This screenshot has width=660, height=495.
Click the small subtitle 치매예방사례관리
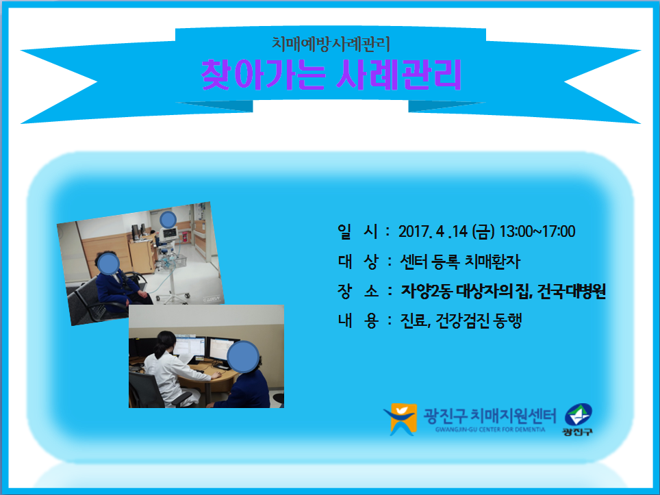coord(331,44)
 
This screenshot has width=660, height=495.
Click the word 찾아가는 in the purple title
coord(264,75)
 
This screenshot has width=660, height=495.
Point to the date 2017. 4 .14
coord(433,231)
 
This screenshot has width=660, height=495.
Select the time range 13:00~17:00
coord(537,231)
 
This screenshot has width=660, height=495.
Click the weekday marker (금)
coord(483,231)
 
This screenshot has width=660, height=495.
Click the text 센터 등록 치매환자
coord(459,262)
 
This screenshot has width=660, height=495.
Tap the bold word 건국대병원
coord(572,291)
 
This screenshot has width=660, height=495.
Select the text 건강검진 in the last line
coord(462,320)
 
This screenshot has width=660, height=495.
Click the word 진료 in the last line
coord(414,320)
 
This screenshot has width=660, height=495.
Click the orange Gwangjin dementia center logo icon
coord(401,419)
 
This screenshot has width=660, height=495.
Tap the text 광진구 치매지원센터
coord(490,416)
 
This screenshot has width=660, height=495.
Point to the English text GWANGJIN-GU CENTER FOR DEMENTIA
coord(490,430)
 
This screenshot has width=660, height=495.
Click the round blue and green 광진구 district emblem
coord(578,415)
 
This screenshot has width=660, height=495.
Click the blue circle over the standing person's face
coord(168,220)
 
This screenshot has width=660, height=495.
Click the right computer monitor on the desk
coord(223,351)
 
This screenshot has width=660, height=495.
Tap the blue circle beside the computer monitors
coord(243,357)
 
